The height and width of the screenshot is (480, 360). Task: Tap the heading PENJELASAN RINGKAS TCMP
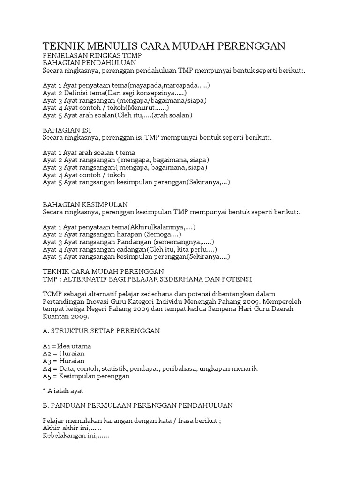[92, 55]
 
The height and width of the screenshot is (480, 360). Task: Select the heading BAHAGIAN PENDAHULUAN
[89, 62]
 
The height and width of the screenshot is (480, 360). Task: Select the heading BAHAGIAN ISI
[67, 129]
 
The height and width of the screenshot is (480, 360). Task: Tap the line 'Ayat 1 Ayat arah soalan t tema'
[89, 152]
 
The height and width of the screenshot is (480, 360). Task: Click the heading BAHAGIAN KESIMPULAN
[85, 205]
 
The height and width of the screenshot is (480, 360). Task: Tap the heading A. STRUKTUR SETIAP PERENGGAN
[101, 331]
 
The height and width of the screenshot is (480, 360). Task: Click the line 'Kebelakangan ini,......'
[75, 436]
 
